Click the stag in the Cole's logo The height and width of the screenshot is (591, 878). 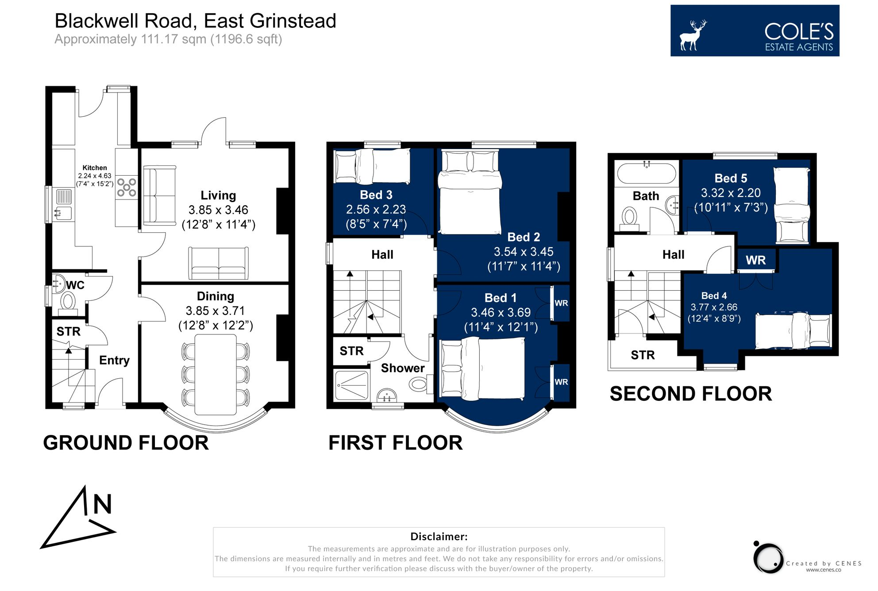point(693,35)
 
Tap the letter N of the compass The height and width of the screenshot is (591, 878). point(102,504)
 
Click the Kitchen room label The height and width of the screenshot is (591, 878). point(95,168)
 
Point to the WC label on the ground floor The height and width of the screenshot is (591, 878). point(75,285)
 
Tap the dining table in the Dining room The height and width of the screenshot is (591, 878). point(216,374)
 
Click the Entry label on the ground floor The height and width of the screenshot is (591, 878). point(114,360)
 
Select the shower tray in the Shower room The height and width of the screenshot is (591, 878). point(351,386)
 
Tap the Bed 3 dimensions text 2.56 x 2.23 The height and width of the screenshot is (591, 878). point(376,209)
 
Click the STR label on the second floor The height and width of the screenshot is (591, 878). point(643,355)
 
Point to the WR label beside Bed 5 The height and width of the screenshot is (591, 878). point(755,260)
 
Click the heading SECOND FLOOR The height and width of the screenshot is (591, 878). point(690,394)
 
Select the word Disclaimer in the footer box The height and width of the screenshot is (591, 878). point(439,537)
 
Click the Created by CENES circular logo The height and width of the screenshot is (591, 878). point(769,558)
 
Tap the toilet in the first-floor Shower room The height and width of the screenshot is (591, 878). point(418,384)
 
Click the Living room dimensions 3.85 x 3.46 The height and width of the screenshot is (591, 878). point(218,210)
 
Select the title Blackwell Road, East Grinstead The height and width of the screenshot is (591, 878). point(195,21)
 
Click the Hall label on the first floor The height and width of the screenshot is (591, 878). point(382,254)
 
